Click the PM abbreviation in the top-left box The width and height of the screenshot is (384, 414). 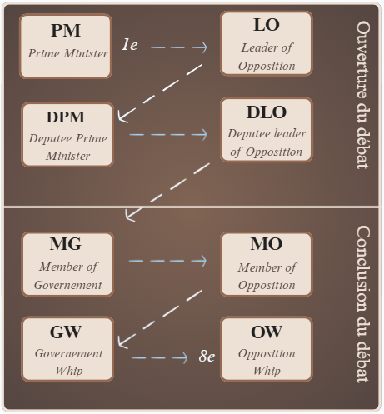(66, 30)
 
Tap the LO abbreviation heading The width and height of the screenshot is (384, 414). (267, 25)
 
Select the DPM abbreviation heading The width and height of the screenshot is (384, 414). (66, 117)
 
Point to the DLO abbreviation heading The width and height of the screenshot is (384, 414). (267, 112)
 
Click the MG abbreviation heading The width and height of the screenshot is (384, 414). (66, 243)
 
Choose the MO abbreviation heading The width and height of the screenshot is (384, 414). (267, 243)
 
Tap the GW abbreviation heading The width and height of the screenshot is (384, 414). (66, 332)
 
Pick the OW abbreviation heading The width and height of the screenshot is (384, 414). (267, 332)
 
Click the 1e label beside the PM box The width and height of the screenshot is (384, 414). (130, 45)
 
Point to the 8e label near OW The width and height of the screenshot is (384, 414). (207, 356)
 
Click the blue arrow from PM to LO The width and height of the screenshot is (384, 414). (179, 47)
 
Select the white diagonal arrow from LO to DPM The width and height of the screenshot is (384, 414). (160, 93)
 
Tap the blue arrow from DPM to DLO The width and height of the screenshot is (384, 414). (168, 135)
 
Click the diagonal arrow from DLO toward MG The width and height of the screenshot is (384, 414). (167, 192)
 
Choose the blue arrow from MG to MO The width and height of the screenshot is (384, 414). (168, 261)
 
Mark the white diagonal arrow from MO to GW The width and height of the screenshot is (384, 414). (160, 319)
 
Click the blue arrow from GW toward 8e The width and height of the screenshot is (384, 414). (160, 358)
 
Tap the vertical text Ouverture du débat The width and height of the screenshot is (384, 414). (362, 95)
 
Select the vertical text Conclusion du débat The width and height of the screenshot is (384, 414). (362, 304)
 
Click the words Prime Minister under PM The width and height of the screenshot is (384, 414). (67, 53)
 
